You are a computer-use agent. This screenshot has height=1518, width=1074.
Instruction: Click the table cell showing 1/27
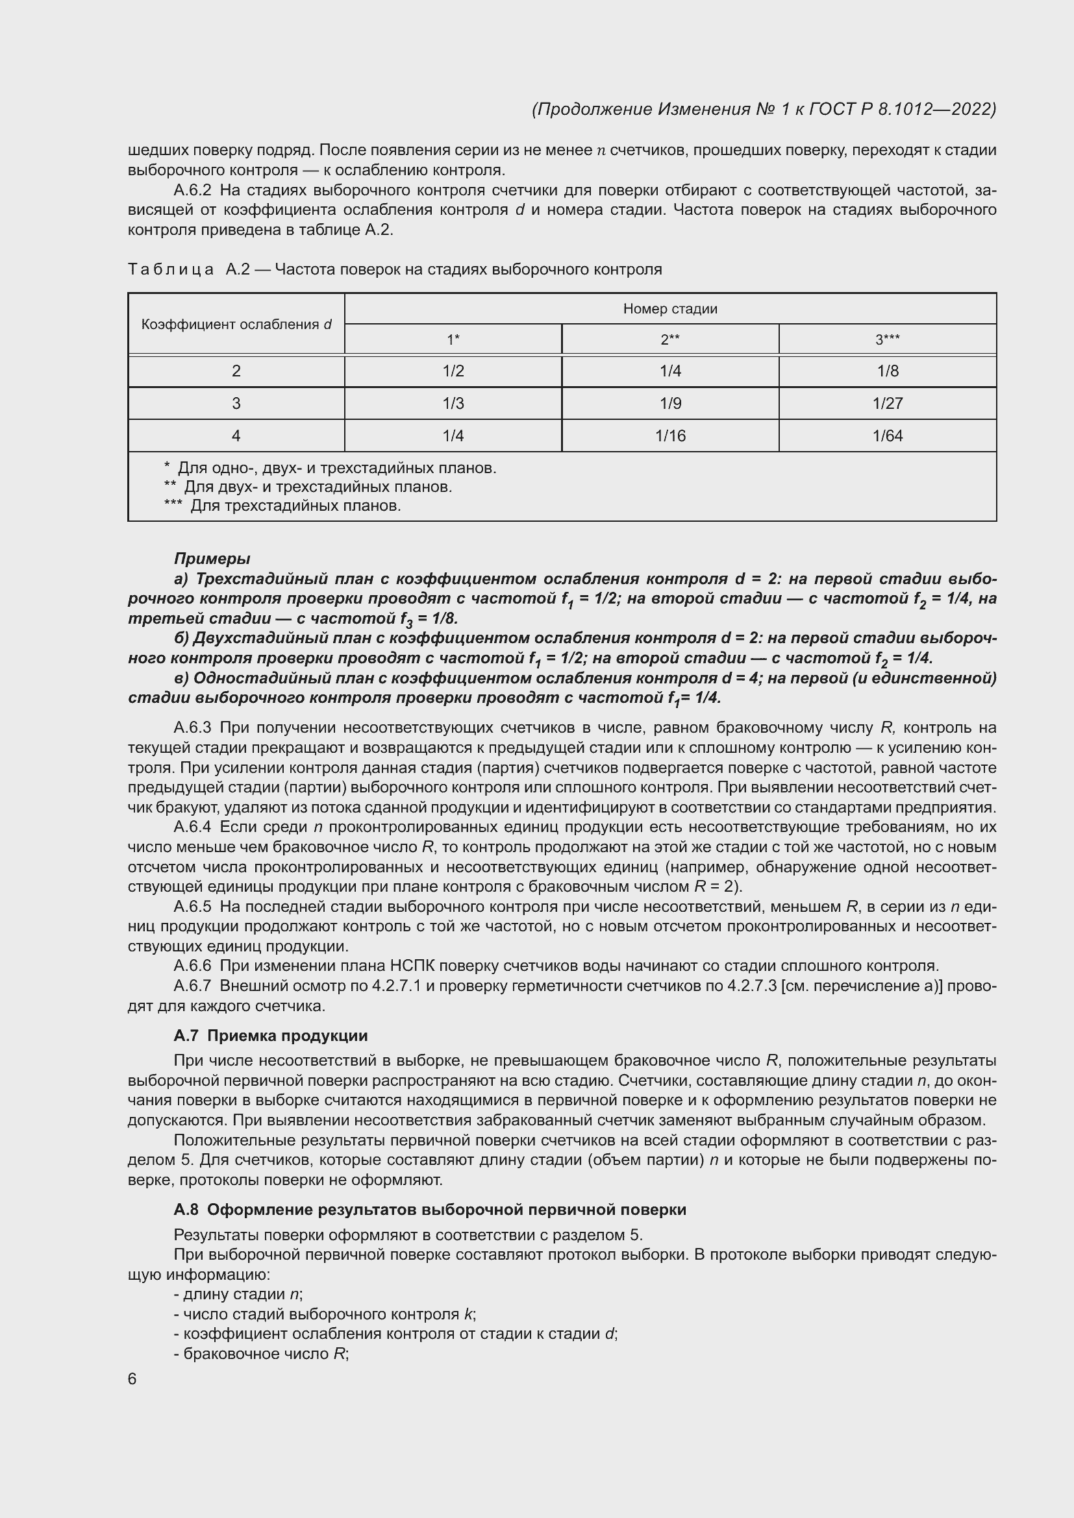pos(887,403)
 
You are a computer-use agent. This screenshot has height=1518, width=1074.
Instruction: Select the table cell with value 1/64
pos(887,435)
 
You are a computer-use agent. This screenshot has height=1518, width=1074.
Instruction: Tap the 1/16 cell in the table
pos(670,435)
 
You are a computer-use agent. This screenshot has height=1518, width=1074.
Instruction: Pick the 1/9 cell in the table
pos(670,403)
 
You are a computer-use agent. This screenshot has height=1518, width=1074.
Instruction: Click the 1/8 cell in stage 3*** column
pos(887,371)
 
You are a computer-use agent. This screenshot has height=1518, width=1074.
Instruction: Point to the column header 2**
pos(670,340)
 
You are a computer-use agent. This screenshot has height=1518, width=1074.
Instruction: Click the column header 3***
pos(887,340)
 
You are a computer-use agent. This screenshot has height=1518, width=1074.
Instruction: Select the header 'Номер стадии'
pos(670,309)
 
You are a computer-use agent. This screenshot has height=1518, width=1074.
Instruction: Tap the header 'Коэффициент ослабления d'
pos(236,324)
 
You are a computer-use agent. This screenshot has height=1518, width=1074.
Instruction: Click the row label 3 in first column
pos(236,403)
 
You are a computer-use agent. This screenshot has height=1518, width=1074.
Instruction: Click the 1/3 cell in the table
pos(453,403)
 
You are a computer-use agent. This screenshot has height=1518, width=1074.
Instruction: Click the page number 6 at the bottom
pos(132,1378)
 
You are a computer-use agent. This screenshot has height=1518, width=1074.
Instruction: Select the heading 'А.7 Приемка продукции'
pos(271,1035)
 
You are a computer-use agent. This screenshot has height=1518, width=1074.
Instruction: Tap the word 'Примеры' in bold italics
pos(212,559)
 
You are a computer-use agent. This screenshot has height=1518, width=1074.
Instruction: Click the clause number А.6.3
pos(192,728)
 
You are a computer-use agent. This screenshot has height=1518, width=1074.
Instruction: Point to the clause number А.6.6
pos(192,966)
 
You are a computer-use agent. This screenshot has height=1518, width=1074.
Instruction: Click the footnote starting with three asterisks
pos(282,506)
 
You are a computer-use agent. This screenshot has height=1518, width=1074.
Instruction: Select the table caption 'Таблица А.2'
pos(188,270)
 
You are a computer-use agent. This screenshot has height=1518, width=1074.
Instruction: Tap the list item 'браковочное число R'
pos(262,1353)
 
